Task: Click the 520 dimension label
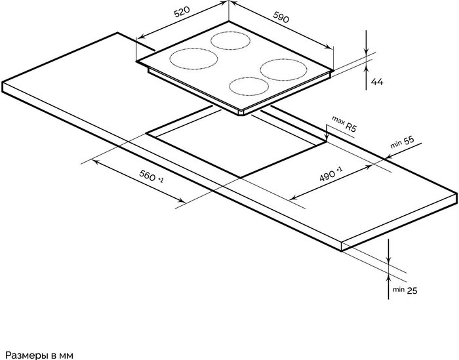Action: point(182,12)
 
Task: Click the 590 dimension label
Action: point(281,17)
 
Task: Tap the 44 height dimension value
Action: point(377,82)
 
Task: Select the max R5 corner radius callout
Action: point(344,123)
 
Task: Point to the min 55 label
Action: point(403,142)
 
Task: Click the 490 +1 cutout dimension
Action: point(330,174)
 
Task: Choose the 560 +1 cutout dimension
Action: point(151,176)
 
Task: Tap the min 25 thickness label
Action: point(405,290)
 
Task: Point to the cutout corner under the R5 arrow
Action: point(326,142)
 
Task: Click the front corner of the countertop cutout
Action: point(241,177)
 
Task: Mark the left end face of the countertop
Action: point(3,87)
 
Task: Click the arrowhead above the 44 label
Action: point(366,52)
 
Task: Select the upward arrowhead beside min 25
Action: point(388,277)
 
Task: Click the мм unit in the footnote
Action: point(66,356)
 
